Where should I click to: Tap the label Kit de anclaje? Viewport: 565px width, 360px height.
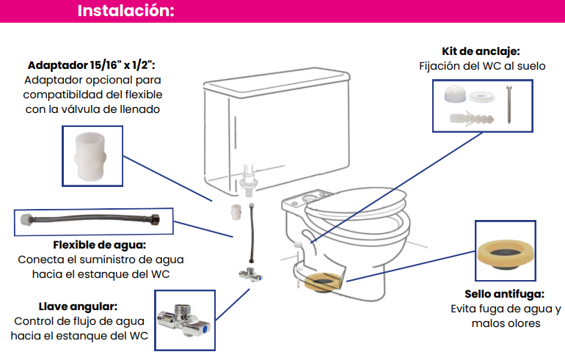pos(481,51)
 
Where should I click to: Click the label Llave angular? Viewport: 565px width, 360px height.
pos(78,306)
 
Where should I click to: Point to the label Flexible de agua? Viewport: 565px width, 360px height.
pos(100,244)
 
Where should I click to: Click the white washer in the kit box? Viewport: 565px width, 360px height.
pos(482,96)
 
